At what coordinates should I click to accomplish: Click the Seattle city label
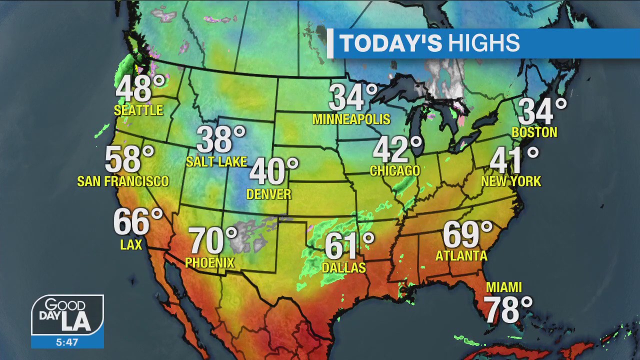[x=138, y=110]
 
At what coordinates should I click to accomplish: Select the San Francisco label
[x=123, y=181]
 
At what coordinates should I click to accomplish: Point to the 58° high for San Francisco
[x=127, y=159]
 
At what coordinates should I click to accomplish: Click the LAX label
[x=131, y=244]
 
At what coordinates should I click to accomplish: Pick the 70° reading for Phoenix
[x=211, y=240]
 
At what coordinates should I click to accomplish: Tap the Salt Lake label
[x=216, y=161]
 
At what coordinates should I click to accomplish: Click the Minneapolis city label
[x=351, y=119]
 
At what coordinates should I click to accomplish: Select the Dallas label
[x=343, y=268]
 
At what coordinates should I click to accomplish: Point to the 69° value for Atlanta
[x=466, y=234]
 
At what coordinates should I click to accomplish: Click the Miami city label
[x=504, y=287]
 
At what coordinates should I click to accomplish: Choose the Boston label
[x=534, y=132]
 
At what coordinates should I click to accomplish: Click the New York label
[x=511, y=181]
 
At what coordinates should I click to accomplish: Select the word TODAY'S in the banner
[x=391, y=44]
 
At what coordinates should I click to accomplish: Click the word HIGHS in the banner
[x=483, y=44]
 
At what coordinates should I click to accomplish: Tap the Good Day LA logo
[x=67, y=315]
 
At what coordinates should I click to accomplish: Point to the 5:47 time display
[x=67, y=342]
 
